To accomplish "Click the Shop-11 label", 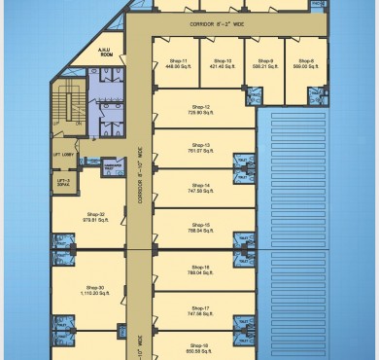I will [177, 61].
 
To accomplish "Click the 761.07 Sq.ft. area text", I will [200, 151].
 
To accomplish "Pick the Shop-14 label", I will [200, 184].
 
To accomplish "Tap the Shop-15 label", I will [200, 224].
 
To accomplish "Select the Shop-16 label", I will [200, 267].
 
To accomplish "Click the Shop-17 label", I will [200, 306].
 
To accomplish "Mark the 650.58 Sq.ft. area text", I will [200, 351].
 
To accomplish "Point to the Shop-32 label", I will [95, 214].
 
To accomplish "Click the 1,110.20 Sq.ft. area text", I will [95, 293].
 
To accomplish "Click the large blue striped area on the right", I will [320, 214].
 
